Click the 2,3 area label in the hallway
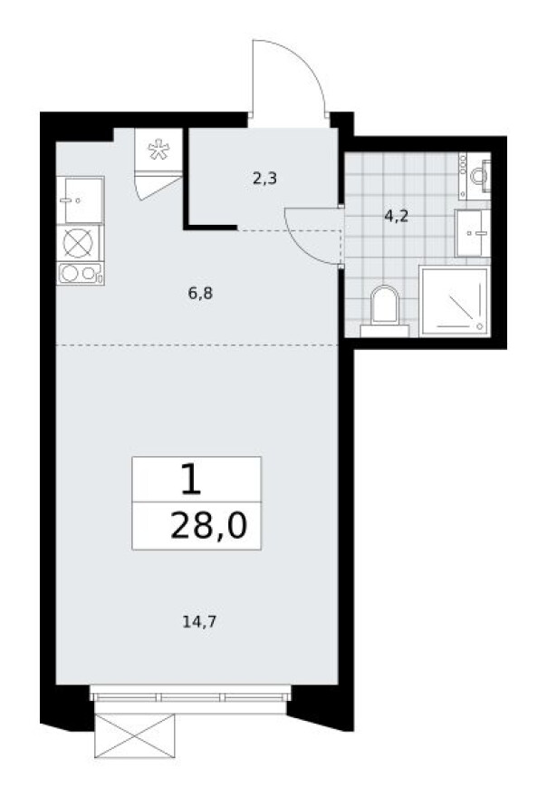coord(264,179)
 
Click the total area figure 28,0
coord(208,527)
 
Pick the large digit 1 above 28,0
coord(190,480)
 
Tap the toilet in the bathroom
coord(385,307)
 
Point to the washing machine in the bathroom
coord(476,176)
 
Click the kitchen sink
coord(80,199)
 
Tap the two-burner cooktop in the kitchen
coord(80,272)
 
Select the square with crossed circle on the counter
coord(80,242)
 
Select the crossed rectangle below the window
coord(133,734)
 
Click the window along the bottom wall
coord(191,695)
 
